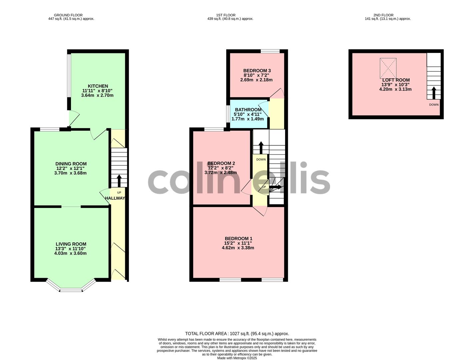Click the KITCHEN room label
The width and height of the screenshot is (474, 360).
point(98,86)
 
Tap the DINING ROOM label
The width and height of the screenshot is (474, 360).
point(71,164)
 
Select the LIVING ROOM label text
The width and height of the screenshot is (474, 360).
point(71,244)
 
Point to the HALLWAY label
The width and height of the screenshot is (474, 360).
point(115,198)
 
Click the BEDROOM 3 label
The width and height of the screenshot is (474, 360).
point(257,71)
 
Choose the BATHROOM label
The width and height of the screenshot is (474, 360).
point(248,110)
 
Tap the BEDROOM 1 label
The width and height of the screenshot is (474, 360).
point(238,239)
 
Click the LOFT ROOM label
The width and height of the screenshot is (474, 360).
point(396,80)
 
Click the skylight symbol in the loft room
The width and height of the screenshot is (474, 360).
point(388,68)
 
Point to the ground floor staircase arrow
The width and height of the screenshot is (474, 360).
point(119,181)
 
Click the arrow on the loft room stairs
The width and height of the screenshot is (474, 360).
point(434,93)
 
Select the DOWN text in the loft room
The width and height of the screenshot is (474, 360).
point(434,105)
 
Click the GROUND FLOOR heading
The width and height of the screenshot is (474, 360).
point(68,15)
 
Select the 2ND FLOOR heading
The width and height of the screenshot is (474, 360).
point(383,15)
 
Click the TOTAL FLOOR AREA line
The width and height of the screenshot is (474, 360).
point(237,334)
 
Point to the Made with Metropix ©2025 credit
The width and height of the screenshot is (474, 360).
point(237,358)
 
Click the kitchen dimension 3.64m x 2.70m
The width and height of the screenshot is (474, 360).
point(97,95)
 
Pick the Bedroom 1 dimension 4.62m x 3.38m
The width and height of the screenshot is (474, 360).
point(238,248)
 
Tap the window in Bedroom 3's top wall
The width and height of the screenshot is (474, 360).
point(270,51)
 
